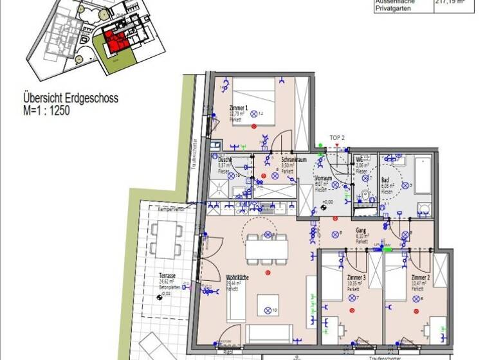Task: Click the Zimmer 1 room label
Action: [x=238, y=108]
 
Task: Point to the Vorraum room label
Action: [x=323, y=178]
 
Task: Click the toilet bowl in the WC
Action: [x=365, y=195]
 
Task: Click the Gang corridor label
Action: [x=361, y=230]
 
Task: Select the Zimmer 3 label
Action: [x=355, y=277]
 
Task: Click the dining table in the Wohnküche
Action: [x=266, y=248]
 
